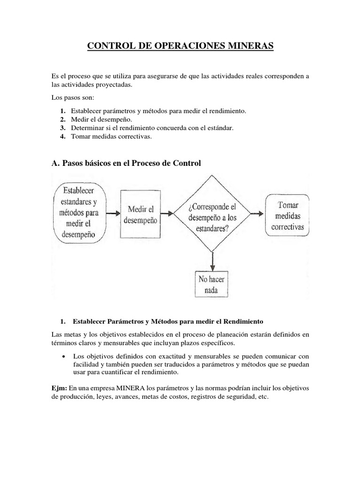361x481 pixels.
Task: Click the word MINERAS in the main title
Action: pyautogui.click(x=247, y=47)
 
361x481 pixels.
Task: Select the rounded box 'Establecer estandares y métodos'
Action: pyautogui.click(x=78, y=212)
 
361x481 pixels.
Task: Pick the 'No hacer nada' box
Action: pyautogui.click(x=212, y=284)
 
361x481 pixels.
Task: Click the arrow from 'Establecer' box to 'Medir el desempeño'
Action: pyautogui.click(x=113, y=213)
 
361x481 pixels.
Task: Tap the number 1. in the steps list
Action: pyautogui.click(x=63, y=111)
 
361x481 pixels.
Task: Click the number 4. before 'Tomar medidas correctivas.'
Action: pyautogui.click(x=63, y=137)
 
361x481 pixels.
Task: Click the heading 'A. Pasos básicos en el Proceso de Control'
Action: pyautogui.click(x=126, y=163)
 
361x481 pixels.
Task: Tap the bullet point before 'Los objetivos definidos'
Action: pyautogui.click(x=63, y=355)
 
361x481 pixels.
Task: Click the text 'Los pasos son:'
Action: pyautogui.click(x=72, y=98)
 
